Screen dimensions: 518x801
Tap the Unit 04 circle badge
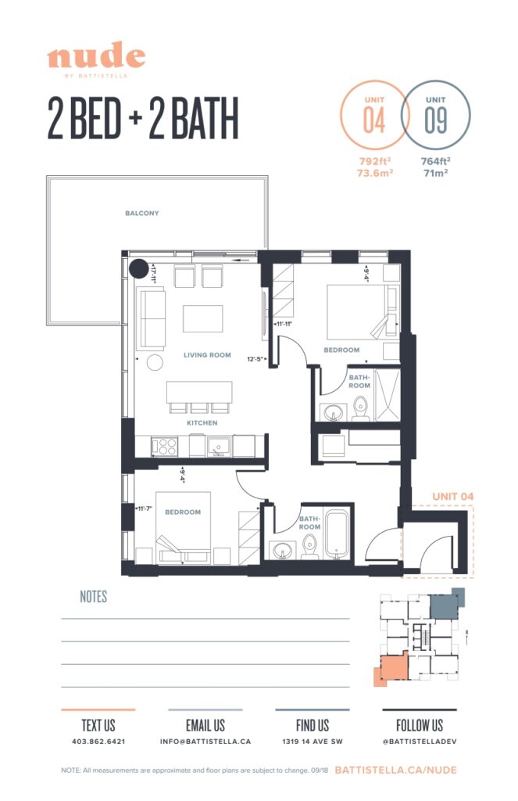(x=374, y=114)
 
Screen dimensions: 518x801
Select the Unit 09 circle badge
(x=435, y=114)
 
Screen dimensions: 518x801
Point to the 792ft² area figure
(x=375, y=161)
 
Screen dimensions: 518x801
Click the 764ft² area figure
(x=435, y=161)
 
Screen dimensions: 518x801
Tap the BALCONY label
(x=142, y=213)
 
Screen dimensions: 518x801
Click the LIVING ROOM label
(x=207, y=355)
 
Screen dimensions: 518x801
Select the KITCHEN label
(x=202, y=423)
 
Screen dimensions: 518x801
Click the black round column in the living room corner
(x=138, y=268)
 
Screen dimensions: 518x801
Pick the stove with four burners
(x=165, y=447)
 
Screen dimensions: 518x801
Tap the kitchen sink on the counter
(x=218, y=447)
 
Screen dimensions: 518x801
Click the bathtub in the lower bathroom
(x=338, y=534)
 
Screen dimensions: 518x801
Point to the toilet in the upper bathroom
(x=361, y=409)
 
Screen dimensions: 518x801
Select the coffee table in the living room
(x=202, y=319)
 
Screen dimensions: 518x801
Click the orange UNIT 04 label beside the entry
(x=452, y=497)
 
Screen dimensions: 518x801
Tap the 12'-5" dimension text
(x=256, y=359)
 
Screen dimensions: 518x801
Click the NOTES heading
(x=94, y=597)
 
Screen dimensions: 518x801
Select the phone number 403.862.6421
(x=98, y=742)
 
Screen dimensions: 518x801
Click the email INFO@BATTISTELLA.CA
(x=205, y=742)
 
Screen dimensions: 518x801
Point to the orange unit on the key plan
(x=392, y=667)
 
